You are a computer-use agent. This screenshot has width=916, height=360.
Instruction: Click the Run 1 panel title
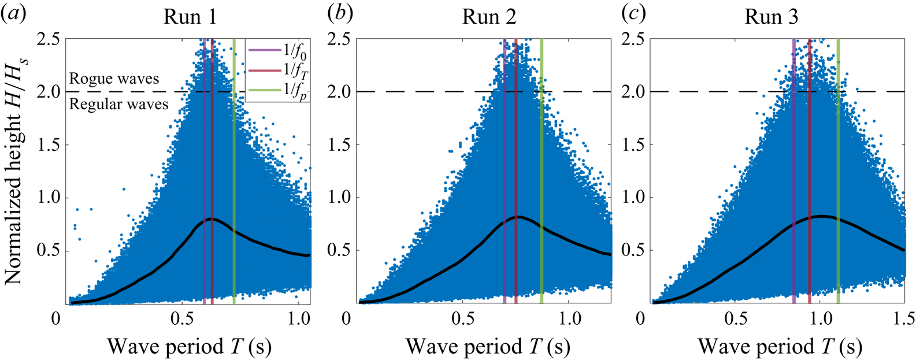(x=190, y=17)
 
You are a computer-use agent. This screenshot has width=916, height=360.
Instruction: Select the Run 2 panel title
(x=489, y=17)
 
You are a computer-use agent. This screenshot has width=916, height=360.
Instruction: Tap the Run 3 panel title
(x=771, y=17)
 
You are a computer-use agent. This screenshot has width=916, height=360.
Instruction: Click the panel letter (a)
(x=14, y=14)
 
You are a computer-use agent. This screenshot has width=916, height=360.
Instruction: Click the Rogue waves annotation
(x=114, y=79)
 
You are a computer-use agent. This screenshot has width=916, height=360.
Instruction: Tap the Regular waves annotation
(x=118, y=104)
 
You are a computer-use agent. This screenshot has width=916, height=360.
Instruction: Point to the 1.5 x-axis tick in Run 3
(x=904, y=319)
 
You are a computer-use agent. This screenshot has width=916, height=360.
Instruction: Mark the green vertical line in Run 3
(x=838, y=173)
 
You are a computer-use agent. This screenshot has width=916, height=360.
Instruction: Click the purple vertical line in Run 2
(x=505, y=173)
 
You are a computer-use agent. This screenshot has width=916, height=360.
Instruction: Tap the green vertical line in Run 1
(x=233, y=173)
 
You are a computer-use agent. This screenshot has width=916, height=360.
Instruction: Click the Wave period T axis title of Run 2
(x=488, y=347)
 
